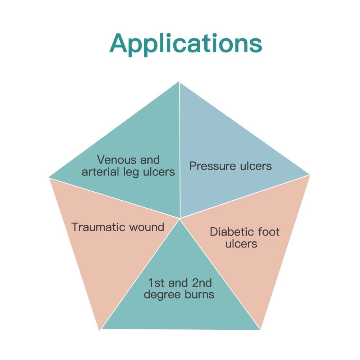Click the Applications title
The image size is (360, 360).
click(186, 44)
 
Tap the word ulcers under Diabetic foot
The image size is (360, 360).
click(241, 244)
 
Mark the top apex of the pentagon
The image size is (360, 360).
click(179, 82)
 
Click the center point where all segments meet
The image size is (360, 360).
click(180, 218)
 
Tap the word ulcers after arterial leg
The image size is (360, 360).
click(159, 172)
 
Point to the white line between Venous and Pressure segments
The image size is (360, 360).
click(179, 144)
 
